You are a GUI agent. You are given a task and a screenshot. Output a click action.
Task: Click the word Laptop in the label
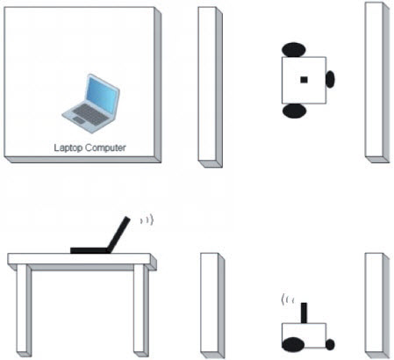[x=68, y=148]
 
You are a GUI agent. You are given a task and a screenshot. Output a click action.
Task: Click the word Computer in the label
[x=105, y=148]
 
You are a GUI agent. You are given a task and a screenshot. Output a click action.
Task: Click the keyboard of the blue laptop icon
[x=90, y=114]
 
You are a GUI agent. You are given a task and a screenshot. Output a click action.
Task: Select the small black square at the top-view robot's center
[x=304, y=80]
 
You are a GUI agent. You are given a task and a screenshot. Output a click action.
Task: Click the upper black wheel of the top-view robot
[x=294, y=50]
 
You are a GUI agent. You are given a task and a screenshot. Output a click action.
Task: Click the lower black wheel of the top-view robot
[x=294, y=111]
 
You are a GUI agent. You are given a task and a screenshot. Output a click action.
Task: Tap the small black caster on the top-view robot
[x=330, y=79]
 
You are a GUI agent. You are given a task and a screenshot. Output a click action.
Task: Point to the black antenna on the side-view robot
[x=304, y=313]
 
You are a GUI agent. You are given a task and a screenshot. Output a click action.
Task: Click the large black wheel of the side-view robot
[x=293, y=345]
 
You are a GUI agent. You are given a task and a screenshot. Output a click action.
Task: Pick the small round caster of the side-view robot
[x=330, y=344]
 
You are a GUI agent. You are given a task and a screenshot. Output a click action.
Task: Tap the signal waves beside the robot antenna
[x=287, y=299]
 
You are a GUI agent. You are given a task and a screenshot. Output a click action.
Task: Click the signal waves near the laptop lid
[x=147, y=220]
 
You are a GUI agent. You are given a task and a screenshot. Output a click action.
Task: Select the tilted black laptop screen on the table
[x=118, y=234]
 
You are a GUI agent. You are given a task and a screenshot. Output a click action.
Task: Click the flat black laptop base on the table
[x=90, y=250]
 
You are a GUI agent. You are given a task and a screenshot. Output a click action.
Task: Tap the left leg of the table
[x=24, y=309]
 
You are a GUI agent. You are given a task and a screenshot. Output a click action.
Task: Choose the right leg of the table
[x=141, y=309]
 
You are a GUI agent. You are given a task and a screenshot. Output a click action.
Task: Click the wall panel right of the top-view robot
[x=377, y=83]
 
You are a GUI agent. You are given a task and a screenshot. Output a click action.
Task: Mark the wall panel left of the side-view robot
[x=212, y=306]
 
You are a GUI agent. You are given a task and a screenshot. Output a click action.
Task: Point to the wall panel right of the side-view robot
[x=377, y=306]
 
